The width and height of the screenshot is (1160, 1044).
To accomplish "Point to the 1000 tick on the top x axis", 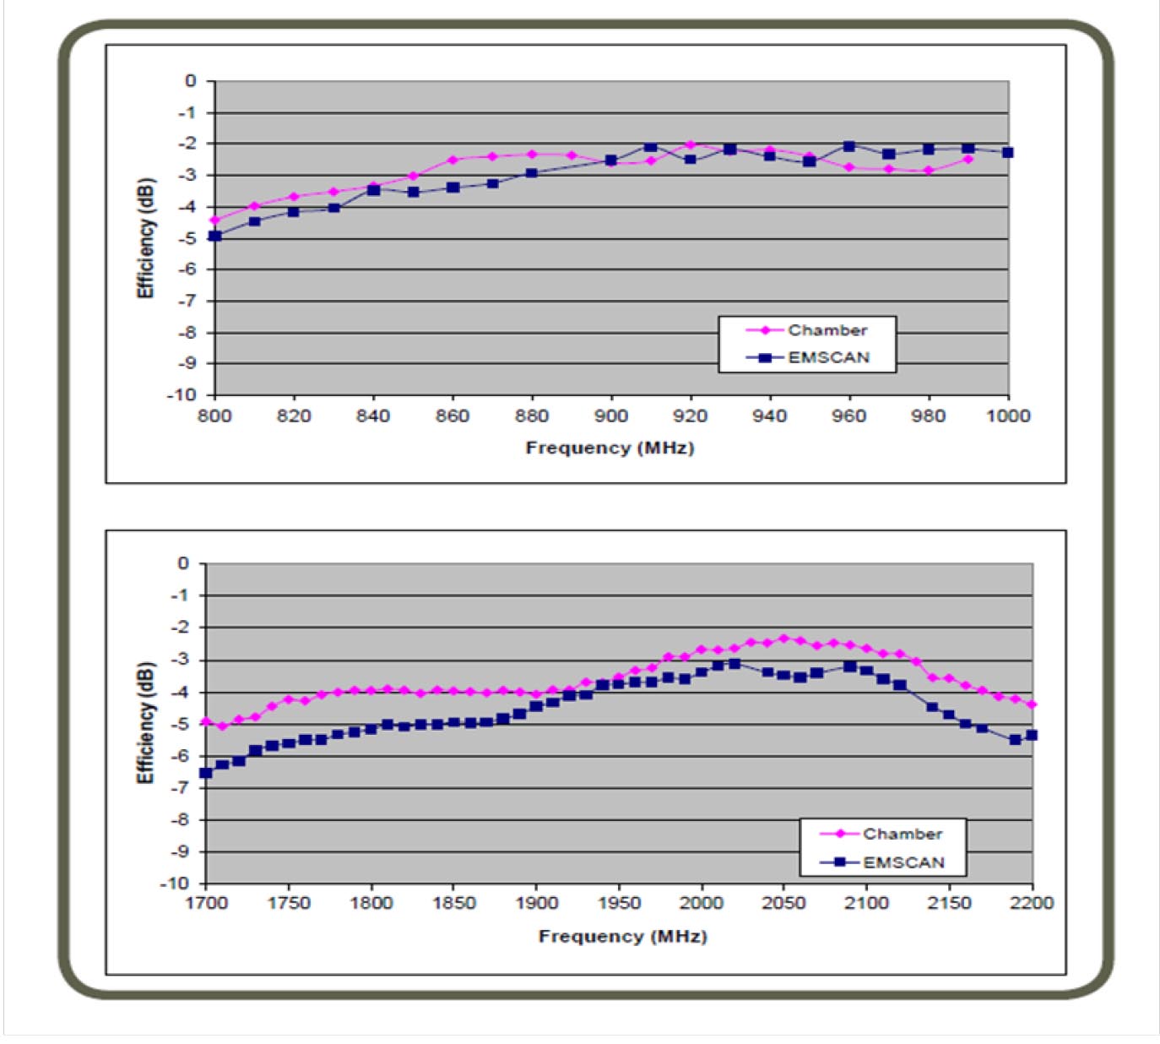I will [x=1008, y=416].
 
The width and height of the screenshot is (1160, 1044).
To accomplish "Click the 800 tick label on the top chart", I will [x=214, y=416].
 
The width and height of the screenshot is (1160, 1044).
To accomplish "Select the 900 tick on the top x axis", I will [x=611, y=416].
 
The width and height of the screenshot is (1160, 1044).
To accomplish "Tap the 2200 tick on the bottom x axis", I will [x=1032, y=903].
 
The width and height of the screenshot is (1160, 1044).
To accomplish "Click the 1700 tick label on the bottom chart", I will [x=206, y=903].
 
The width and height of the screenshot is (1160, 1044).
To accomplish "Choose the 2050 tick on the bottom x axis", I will [x=783, y=903].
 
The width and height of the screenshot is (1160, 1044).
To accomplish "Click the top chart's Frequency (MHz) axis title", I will [x=610, y=448].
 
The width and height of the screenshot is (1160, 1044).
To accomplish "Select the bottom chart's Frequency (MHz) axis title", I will [x=622, y=936].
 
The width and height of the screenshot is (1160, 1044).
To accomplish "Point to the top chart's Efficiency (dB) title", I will [x=146, y=238].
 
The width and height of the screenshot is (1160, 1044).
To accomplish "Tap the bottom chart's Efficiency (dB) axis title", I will [x=146, y=723].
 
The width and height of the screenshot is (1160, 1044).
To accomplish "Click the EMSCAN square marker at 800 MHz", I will [x=215, y=236].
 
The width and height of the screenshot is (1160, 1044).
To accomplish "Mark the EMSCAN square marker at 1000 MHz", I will [x=1008, y=152].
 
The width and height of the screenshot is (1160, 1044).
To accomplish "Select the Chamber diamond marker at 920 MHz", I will [x=691, y=144].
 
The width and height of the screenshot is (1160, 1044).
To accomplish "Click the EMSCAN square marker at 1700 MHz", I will [x=206, y=773].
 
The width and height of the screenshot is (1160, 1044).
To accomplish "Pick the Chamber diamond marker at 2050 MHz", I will [x=783, y=638].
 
